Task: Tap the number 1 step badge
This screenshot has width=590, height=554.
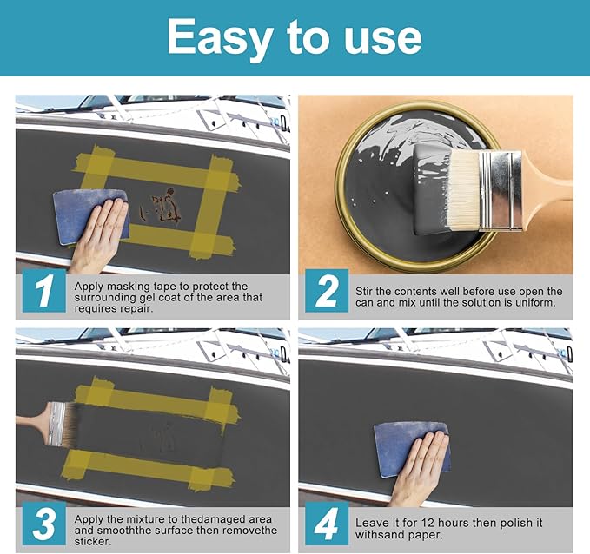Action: tap(44, 291)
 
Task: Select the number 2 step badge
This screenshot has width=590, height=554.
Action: tap(327, 291)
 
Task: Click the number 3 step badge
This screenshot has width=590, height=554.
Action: tap(44, 523)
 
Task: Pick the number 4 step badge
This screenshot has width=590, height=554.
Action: tap(327, 523)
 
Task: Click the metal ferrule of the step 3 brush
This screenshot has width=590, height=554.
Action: tap(57, 424)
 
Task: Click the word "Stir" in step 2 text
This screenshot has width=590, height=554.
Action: tap(364, 292)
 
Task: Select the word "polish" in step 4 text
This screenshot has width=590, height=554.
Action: tap(508, 523)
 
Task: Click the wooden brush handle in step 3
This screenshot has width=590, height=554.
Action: tap(33, 420)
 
